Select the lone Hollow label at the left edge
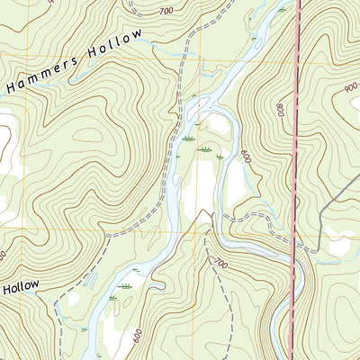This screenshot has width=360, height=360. [20, 287]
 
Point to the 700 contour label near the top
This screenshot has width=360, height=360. [165, 11]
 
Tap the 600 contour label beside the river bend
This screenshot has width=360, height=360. [245, 154]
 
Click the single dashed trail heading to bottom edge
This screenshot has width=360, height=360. [229, 315]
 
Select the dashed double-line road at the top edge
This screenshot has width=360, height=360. [135, 7]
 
